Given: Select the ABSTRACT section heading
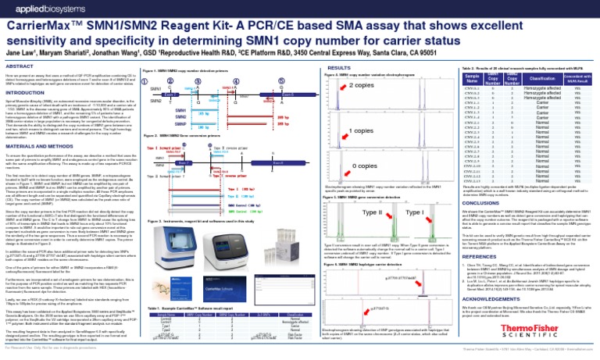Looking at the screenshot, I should [18, 67].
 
